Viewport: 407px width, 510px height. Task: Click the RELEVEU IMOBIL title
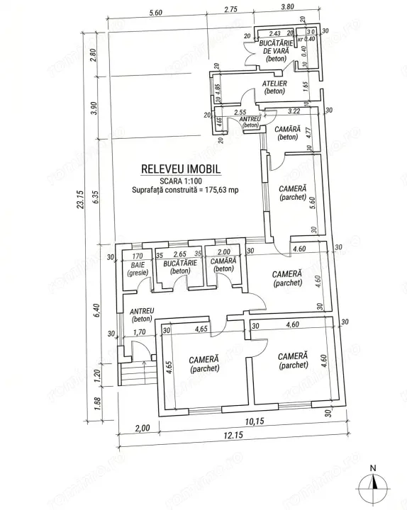click(x=181, y=170)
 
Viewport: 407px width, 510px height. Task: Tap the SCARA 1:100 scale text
click(x=181, y=181)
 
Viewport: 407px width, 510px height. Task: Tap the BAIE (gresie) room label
click(x=137, y=267)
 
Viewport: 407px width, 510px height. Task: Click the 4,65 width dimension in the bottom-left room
click(x=201, y=329)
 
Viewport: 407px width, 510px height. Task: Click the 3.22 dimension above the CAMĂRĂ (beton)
click(x=293, y=112)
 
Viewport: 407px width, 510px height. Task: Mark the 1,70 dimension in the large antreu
click(x=140, y=331)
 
